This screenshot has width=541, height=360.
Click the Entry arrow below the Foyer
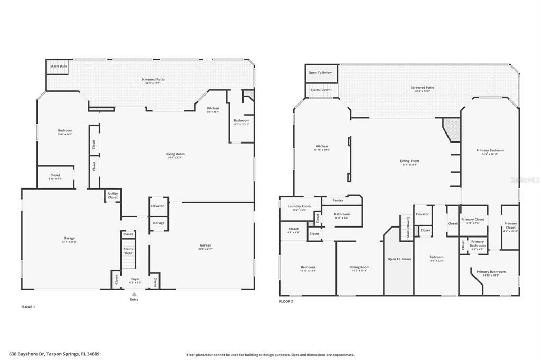click(x=134, y=294)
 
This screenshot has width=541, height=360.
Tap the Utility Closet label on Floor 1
click(x=113, y=195)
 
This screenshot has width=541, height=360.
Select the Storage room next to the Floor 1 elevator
click(x=158, y=223)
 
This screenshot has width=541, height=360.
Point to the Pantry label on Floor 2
click(x=338, y=200)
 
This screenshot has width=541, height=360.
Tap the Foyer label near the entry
click(x=136, y=280)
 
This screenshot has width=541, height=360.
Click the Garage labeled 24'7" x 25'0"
click(x=69, y=239)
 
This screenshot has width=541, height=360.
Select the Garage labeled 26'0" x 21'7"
click(x=206, y=247)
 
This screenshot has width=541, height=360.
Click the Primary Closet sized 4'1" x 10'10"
click(x=510, y=227)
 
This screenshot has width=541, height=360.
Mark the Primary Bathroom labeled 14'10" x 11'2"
click(x=491, y=273)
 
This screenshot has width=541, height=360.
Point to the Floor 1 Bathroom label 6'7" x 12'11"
click(x=241, y=122)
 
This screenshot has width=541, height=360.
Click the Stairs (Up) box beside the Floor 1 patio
click(x=58, y=67)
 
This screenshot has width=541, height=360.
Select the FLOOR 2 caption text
click(x=286, y=301)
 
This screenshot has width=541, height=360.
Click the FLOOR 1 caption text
click(x=28, y=306)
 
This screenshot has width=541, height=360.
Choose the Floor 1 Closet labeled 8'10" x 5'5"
click(x=55, y=177)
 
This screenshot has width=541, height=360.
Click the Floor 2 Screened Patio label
click(x=423, y=89)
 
